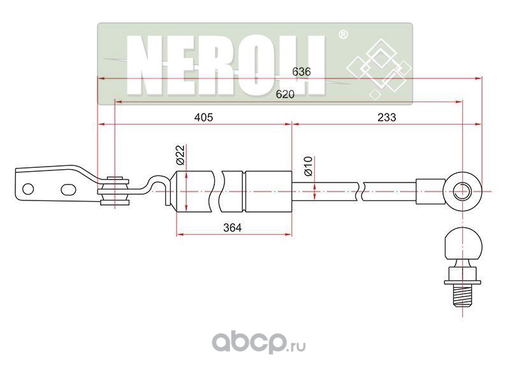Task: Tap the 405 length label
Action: pyautogui.click(x=203, y=117)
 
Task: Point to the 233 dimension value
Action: pyautogui.click(x=386, y=117)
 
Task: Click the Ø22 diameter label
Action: pyautogui.click(x=180, y=154)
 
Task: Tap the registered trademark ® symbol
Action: pyautogui.click(x=342, y=35)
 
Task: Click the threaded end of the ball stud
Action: pyautogui.click(x=460, y=296)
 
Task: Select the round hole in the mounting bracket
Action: pyautogui.click(x=28, y=189)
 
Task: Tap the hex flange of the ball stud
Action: pyautogui.click(x=460, y=275)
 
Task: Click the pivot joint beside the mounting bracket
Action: pyautogui.click(x=117, y=190)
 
